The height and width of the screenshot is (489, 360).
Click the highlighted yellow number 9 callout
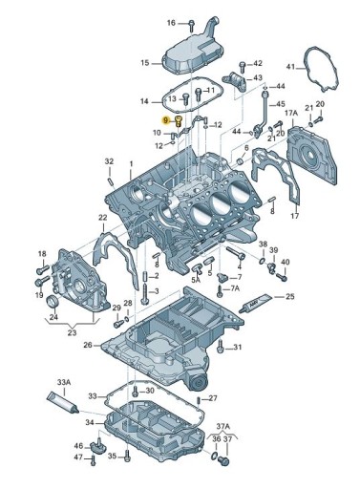[165, 120]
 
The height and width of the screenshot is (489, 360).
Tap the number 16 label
[171, 23]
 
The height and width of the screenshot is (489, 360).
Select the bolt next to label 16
[191, 25]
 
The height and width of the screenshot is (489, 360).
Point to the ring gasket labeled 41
[321, 69]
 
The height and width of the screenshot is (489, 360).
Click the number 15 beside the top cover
[145, 63]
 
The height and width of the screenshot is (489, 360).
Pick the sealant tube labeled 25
[256, 303]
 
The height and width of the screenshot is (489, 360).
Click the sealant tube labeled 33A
[63, 403]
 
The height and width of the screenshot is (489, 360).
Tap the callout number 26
[88, 345]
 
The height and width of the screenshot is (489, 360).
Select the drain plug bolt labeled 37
[224, 460]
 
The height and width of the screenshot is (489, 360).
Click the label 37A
[222, 426]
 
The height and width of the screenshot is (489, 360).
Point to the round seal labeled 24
[53, 302]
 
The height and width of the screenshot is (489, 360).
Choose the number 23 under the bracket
[72, 332]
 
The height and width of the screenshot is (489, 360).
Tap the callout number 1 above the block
[131, 164]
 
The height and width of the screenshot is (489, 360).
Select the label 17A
[291, 113]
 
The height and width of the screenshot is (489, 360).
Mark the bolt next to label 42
[243, 66]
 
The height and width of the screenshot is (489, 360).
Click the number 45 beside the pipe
[281, 104]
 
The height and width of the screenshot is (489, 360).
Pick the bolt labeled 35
[127, 457]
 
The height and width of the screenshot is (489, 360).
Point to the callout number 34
[90, 422]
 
